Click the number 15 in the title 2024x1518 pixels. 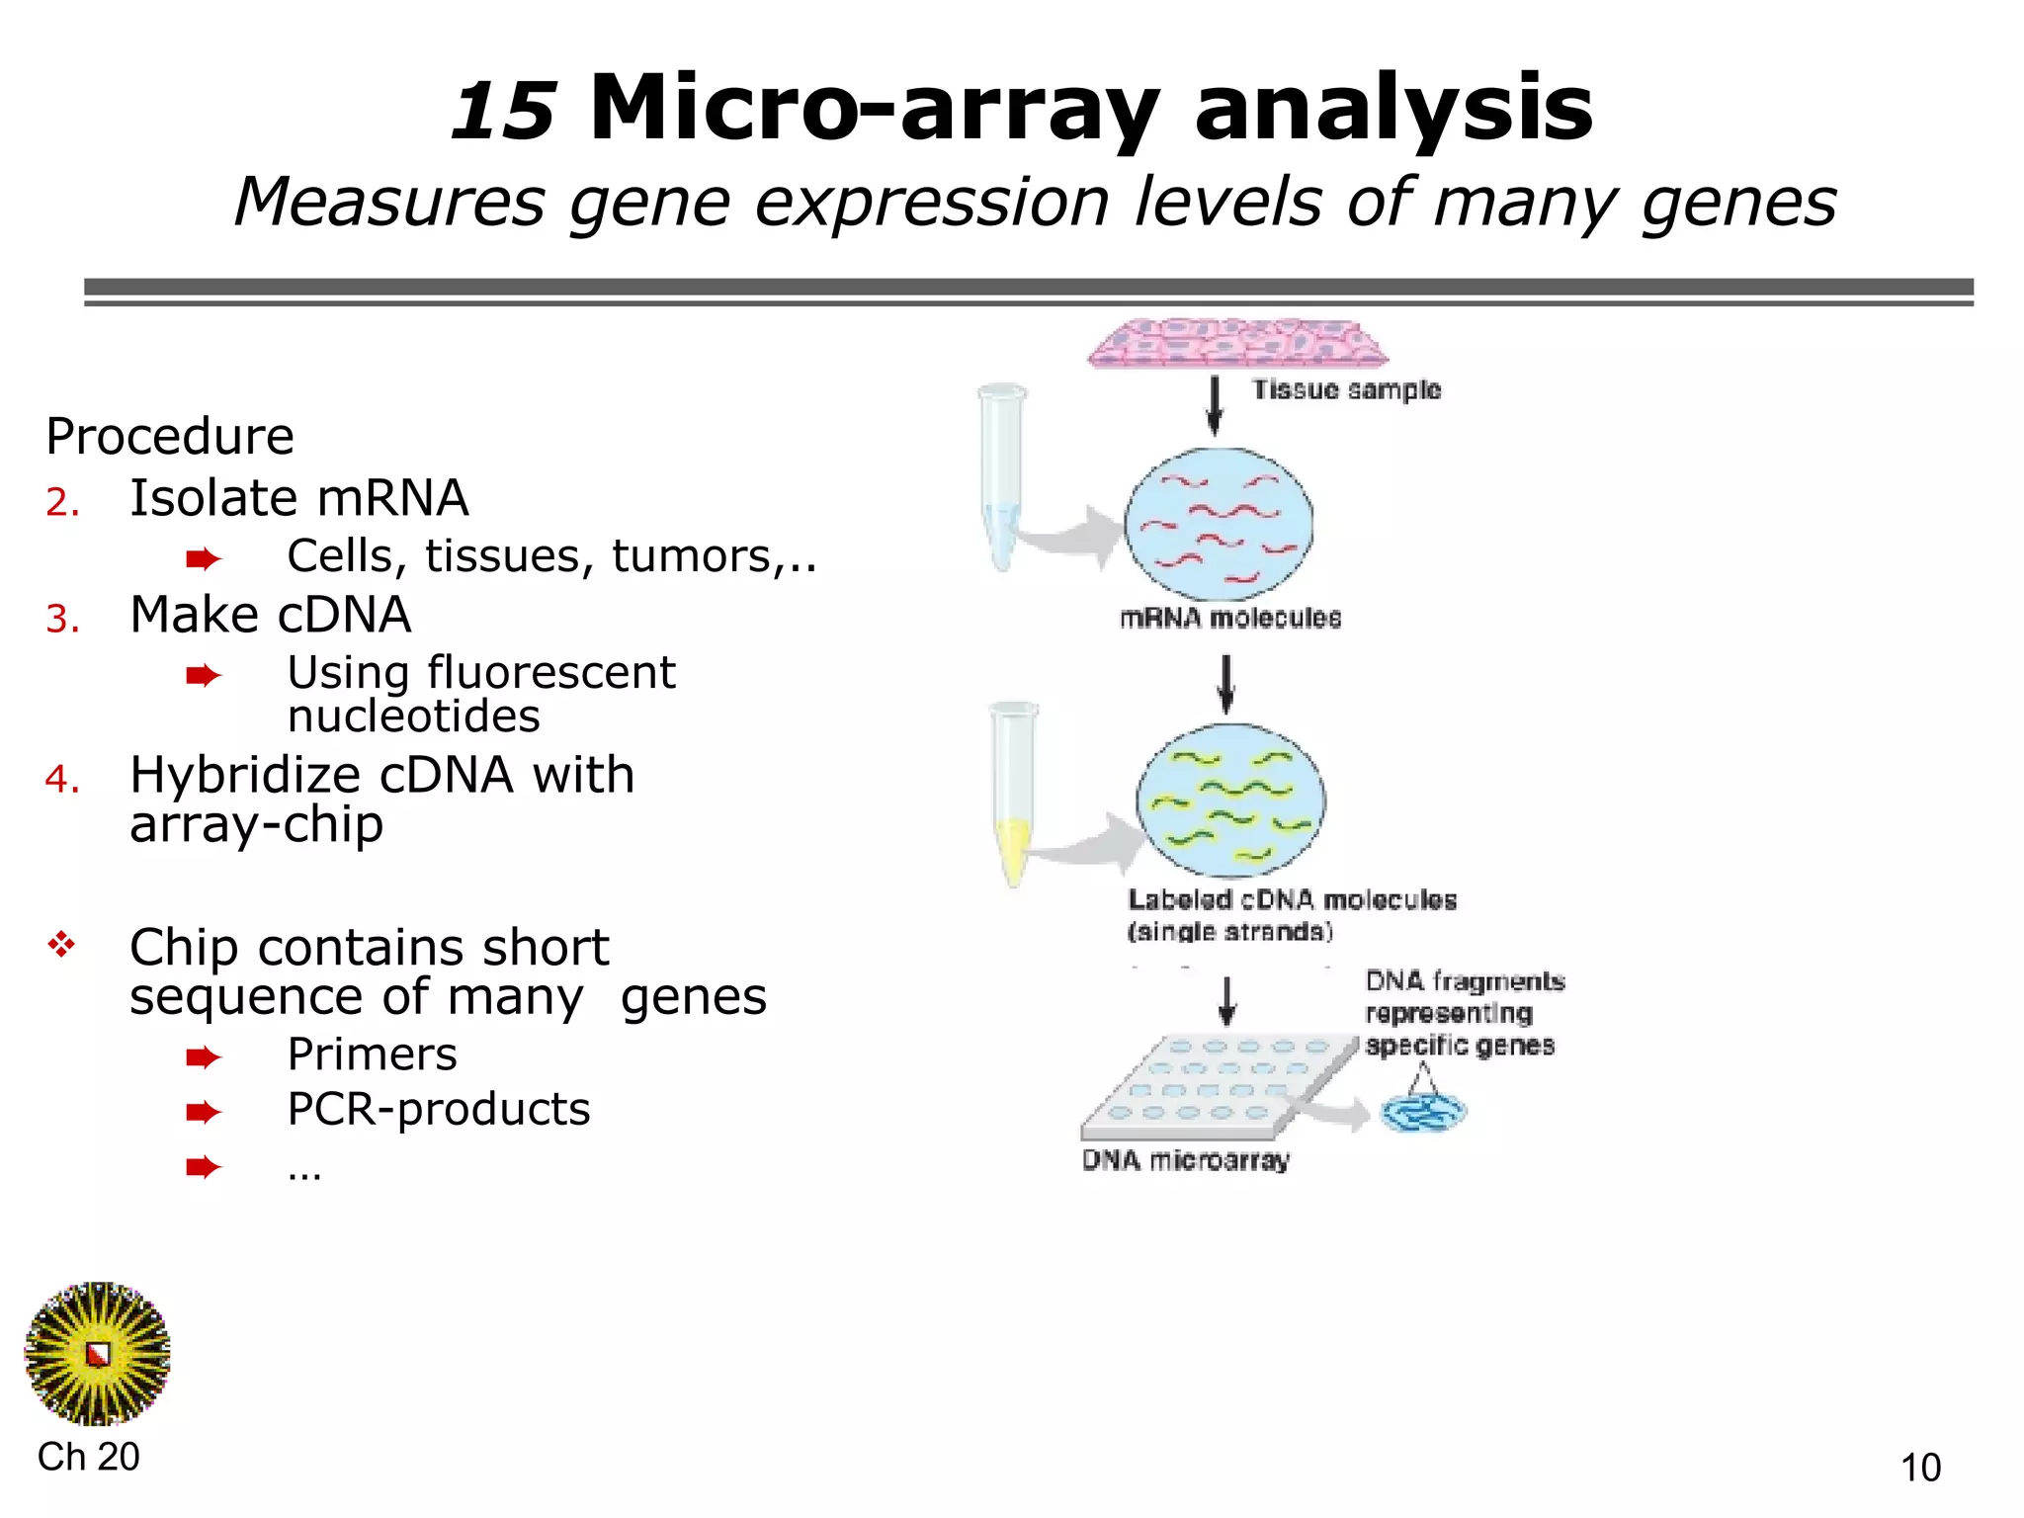tap(502, 111)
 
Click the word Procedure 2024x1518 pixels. tap(170, 436)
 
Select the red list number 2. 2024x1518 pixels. tap(61, 502)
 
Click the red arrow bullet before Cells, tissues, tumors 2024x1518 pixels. tap(203, 559)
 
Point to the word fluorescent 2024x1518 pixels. tap(550, 673)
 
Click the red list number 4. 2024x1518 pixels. tap(61, 779)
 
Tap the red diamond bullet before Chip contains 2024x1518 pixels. tap(61, 945)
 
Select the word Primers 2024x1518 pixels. tap(372, 1054)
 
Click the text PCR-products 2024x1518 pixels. tap(438, 1109)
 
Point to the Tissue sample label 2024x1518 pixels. tap(1346, 389)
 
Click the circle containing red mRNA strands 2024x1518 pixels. tap(1219, 524)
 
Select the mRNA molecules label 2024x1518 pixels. tap(1230, 619)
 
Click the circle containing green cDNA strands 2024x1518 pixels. tap(1230, 801)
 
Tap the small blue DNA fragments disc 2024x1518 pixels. tap(1423, 1113)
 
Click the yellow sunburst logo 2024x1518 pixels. tap(97, 1354)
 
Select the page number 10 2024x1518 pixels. tap(1920, 1468)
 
